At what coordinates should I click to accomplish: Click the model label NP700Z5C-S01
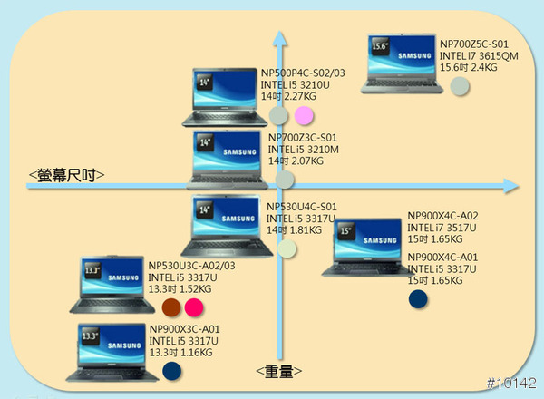tap(473, 44)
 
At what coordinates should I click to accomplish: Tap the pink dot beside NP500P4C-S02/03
tap(304, 115)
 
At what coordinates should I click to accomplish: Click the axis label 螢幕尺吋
tap(66, 174)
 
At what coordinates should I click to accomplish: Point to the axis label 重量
tap(278, 371)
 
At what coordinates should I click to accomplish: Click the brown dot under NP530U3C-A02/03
tap(170, 307)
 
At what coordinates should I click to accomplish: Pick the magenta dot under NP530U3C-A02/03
tap(193, 307)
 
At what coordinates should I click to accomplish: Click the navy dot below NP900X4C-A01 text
tap(418, 297)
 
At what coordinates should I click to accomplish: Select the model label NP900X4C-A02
tap(449, 216)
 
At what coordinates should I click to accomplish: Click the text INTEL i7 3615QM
tap(479, 55)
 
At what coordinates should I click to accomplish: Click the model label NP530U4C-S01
tap(302, 207)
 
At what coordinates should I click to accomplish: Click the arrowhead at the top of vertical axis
tap(281, 38)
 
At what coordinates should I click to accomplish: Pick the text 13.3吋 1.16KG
tap(181, 351)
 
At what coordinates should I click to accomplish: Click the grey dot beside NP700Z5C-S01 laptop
tap(460, 86)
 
